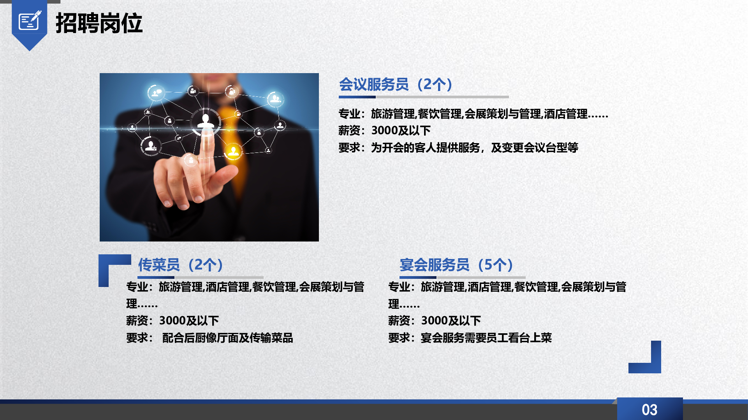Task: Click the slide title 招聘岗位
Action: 99,23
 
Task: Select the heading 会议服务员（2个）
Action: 396,84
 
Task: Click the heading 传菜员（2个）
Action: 181,265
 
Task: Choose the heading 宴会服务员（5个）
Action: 456,265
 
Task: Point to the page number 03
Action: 649,409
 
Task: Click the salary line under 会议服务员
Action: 385,130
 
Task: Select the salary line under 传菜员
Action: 172,320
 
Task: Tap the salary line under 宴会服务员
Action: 435,320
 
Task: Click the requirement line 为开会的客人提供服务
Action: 458,148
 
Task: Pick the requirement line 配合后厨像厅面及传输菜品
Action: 209,338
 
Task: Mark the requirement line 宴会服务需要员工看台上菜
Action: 470,338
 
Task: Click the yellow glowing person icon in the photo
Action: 233,151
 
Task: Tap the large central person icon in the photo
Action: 206,121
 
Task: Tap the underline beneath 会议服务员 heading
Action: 424,97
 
